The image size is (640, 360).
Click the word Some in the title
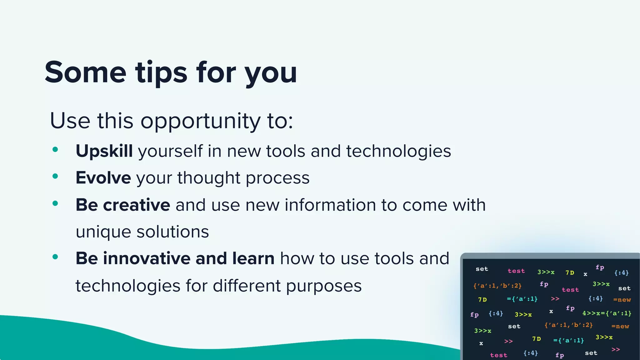[85, 72]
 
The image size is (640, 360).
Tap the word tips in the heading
[161, 72]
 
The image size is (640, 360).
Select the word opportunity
[200, 121]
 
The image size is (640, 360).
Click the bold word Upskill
[104, 151]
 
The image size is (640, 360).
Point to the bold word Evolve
[103, 178]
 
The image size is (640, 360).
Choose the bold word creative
[137, 205]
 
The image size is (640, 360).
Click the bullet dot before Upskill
[55, 150]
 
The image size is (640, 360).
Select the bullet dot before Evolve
[55, 176]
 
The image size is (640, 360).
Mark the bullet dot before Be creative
[55, 203]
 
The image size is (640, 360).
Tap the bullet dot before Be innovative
[55, 257]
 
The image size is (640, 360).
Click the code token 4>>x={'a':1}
[607, 313]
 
